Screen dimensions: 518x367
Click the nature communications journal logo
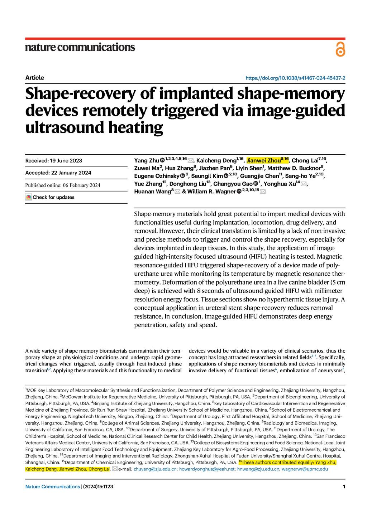(80, 47)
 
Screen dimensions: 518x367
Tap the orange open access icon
(340, 49)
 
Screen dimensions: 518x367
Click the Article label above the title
(35, 78)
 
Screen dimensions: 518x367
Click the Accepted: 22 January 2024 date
(58, 173)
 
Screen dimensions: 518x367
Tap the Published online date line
(63, 185)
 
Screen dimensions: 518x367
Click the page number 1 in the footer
(344, 486)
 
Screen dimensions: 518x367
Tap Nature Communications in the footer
(53, 486)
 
